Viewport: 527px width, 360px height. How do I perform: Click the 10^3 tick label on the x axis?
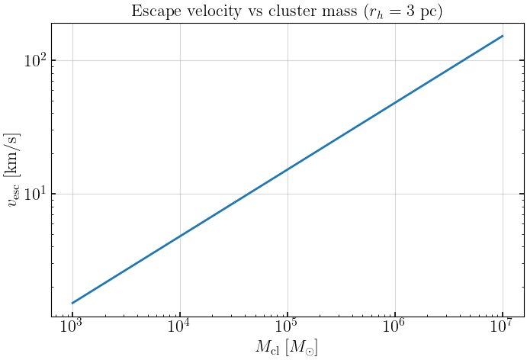coord(72,326)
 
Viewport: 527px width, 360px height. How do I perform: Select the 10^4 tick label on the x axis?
coord(179,326)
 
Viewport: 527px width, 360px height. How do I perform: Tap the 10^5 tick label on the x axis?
coord(287,326)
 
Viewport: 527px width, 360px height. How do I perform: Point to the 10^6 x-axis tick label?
coord(394,326)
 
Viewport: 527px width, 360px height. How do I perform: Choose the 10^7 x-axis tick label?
coord(502,326)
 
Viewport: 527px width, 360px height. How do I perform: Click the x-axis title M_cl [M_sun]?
coord(287,348)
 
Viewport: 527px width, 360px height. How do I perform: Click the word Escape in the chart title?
coord(153,11)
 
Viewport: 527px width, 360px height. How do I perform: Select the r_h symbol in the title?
coord(374,13)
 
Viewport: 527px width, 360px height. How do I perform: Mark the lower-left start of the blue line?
coord(72,303)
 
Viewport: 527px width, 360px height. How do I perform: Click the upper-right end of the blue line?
coord(503,36)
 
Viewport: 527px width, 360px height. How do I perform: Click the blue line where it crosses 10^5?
coord(288,169)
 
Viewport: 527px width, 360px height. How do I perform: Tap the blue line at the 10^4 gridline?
coord(180,236)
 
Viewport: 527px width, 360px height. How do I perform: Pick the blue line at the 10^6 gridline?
coord(395,102)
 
